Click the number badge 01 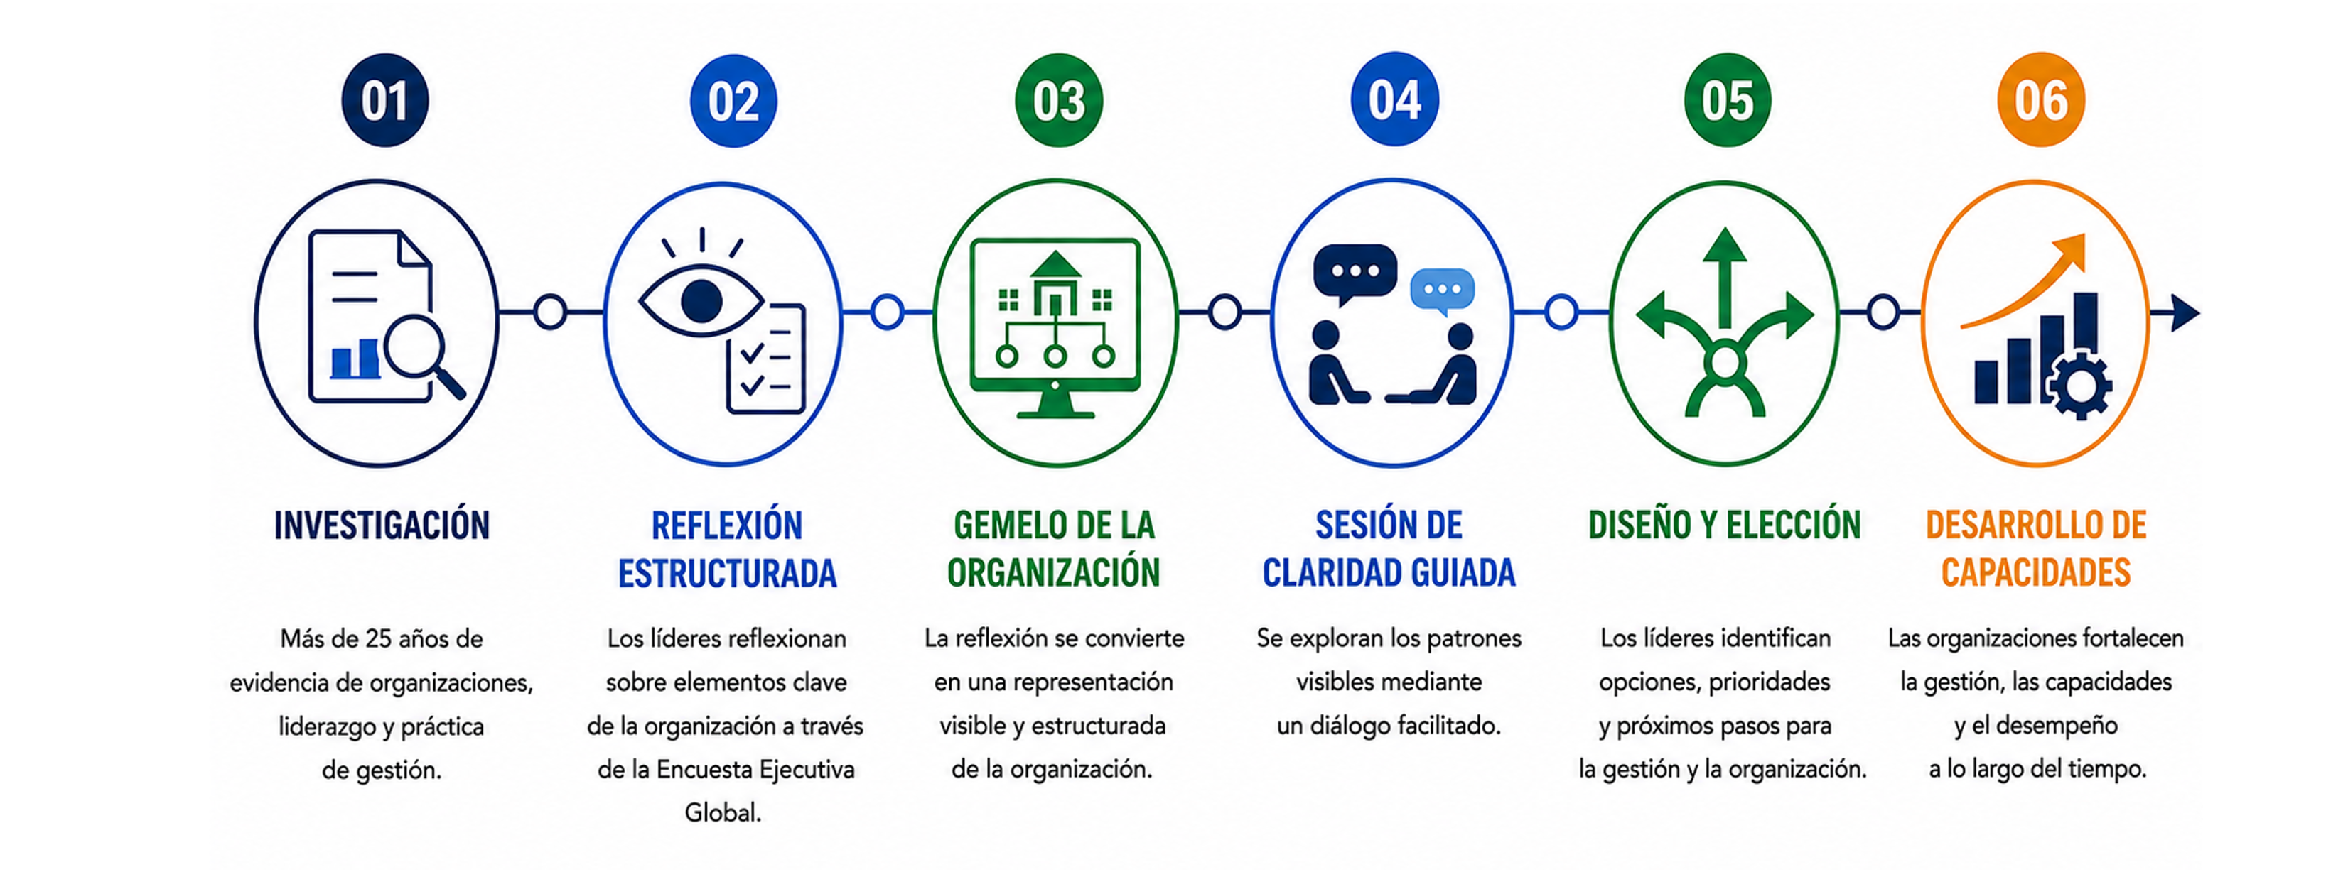[x=384, y=100]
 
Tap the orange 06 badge [x=2041, y=100]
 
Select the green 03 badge [x=1058, y=100]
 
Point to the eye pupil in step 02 [x=701, y=300]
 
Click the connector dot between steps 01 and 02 [x=549, y=312]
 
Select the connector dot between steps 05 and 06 [x=1883, y=312]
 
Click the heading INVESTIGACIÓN [x=382, y=525]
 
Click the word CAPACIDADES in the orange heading [x=2035, y=573]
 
